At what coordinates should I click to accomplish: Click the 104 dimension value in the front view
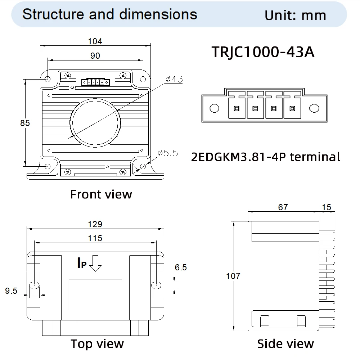[x=95, y=41]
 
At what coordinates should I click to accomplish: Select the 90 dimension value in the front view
[x=95, y=55]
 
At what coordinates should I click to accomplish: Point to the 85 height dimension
[x=25, y=123]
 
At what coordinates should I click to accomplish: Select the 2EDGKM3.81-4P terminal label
[x=266, y=157]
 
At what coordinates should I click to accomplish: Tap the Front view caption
[x=101, y=194]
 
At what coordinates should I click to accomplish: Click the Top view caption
[x=97, y=343]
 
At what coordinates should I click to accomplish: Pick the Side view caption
[x=285, y=343]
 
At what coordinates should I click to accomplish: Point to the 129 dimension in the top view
[x=95, y=224]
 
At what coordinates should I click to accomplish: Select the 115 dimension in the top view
[x=95, y=238]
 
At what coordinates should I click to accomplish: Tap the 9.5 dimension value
[x=11, y=291]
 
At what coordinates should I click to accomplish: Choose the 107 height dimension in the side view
[x=233, y=276]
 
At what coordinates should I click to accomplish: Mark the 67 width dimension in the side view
[x=283, y=207]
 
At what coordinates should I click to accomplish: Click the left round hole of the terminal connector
[x=214, y=108]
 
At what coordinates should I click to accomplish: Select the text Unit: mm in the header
[x=295, y=15]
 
